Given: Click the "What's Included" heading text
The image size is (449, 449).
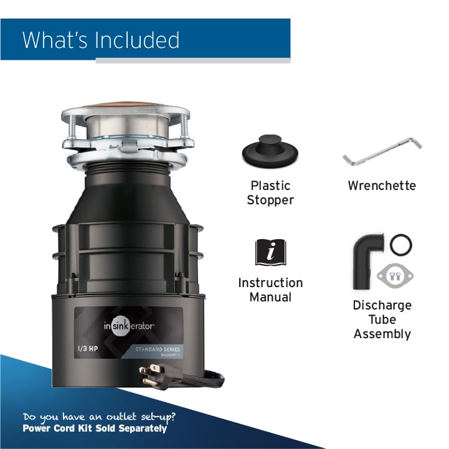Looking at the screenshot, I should (x=101, y=40).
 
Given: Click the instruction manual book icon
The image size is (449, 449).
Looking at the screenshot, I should (x=270, y=252).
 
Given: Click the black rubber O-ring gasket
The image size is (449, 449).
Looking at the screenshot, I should (x=401, y=243).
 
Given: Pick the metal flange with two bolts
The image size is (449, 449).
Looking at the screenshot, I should (x=395, y=275).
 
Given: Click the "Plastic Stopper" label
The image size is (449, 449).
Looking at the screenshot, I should (x=270, y=192).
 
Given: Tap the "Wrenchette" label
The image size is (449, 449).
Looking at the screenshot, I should (x=382, y=186).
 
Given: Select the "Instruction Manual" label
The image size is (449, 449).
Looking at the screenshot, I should (x=270, y=290).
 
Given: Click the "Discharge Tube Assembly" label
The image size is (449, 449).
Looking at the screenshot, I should (x=382, y=319).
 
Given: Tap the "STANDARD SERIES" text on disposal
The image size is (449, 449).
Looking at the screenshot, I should (x=158, y=349).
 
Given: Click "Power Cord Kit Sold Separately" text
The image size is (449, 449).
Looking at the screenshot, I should (x=95, y=428).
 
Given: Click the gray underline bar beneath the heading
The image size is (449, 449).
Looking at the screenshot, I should (x=192, y=60).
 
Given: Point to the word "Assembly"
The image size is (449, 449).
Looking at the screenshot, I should (x=382, y=334).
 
